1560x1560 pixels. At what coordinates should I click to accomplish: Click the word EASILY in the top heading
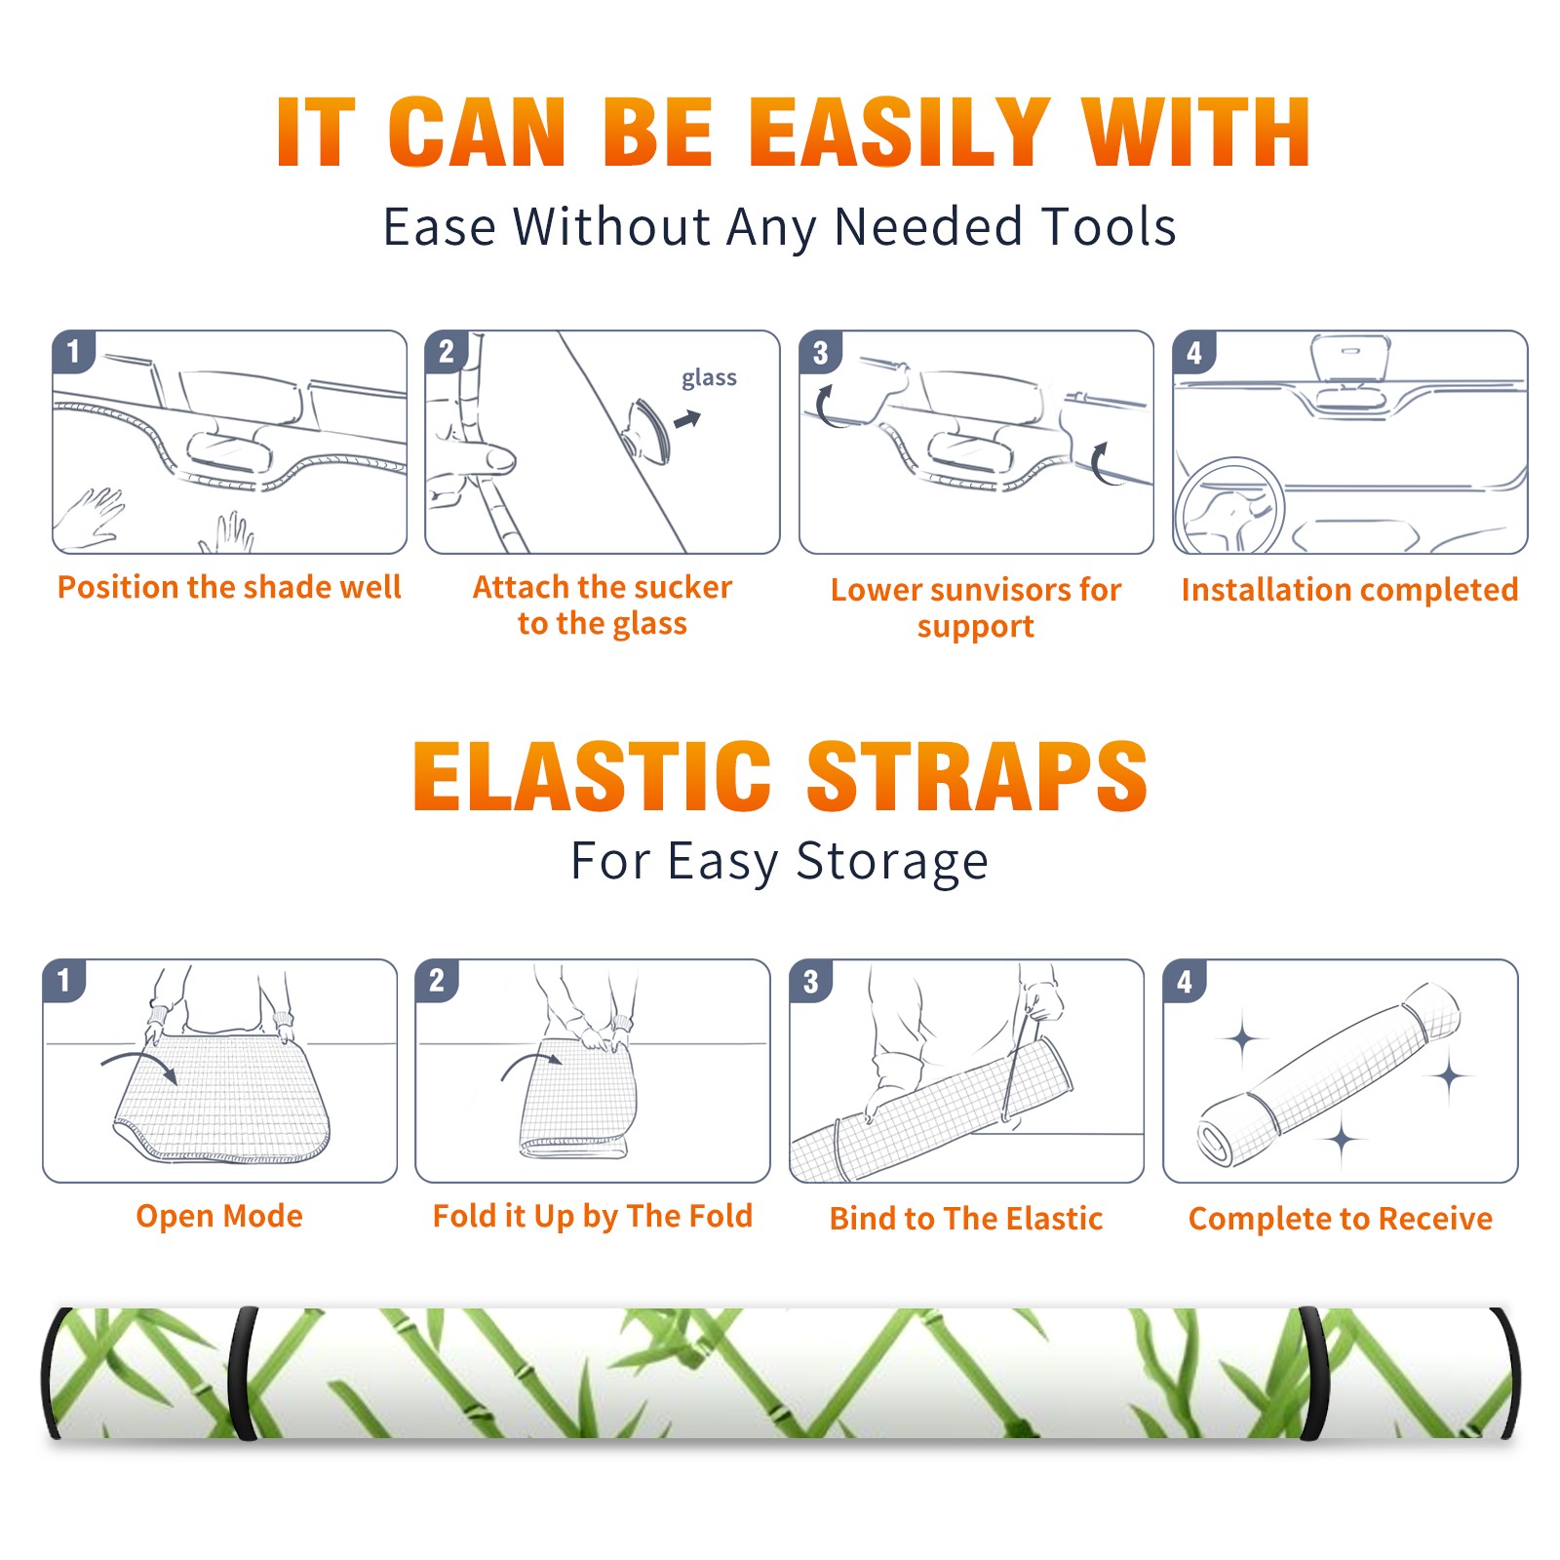[x=900, y=133]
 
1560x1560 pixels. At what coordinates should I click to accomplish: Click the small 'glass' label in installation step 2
[x=709, y=378]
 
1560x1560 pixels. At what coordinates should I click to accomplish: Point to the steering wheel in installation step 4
[x=1230, y=507]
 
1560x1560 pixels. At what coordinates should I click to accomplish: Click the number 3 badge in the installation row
[x=820, y=353]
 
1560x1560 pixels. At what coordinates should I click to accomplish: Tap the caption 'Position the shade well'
[x=229, y=587]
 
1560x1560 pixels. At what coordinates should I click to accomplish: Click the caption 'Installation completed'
[x=1349, y=589]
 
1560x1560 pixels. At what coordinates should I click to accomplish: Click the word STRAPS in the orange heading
[x=977, y=776]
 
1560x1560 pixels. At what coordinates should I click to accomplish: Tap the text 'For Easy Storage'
[x=779, y=861]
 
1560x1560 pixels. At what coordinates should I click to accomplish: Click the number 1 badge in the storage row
[x=64, y=981]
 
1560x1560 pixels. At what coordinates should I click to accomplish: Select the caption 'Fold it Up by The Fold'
[x=593, y=1216]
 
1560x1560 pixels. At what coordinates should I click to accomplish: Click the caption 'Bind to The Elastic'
[x=966, y=1219]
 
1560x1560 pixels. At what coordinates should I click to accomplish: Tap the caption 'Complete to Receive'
[x=1341, y=1219]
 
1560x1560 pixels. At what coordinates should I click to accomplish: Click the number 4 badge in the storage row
[x=1185, y=982]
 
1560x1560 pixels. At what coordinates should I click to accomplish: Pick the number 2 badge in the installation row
[x=447, y=352]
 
